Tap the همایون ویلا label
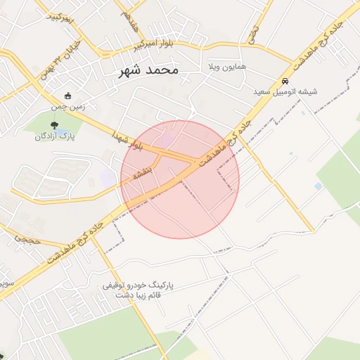click(227, 67)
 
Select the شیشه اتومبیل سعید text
click(286, 91)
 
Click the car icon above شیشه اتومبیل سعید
click(285, 81)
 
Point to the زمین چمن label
click(67, 107)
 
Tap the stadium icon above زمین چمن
click(67, 96)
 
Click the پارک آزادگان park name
click(56, 136)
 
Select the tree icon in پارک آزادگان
click(56, 125)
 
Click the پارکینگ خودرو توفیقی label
click(138, 286)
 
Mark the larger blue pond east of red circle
click(319, 186)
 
